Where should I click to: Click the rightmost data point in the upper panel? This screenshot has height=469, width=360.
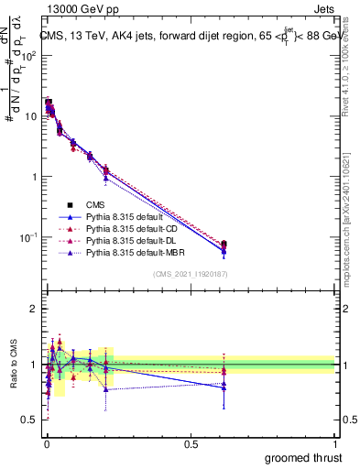tap(224, 245)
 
